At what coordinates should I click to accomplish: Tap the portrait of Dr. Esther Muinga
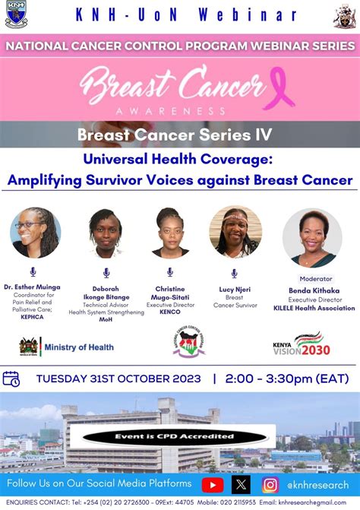(x=36, y=233)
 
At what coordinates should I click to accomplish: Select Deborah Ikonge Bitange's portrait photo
(x=105, y=233)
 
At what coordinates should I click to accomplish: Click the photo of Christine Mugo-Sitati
(x=170, y=232)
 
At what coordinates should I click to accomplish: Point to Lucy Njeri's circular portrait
(x=235, y=232)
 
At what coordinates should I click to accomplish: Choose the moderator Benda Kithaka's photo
(x=311, y=237)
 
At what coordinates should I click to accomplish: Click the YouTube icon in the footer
(x=213, y=484)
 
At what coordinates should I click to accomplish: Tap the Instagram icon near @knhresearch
(x=270, y=484)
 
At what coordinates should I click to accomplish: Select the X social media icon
(x=242, y=484)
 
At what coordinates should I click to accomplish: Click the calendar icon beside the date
(x=11, y=379)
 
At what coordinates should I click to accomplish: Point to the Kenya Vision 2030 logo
(x=302, y=344)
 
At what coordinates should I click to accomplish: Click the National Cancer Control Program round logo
(x=188, y=342)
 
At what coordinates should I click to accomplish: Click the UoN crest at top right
(x=344, y=15)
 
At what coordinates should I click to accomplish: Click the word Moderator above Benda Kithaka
(x=316, y=279)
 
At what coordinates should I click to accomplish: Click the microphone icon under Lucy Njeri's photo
(x=234, y=273)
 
